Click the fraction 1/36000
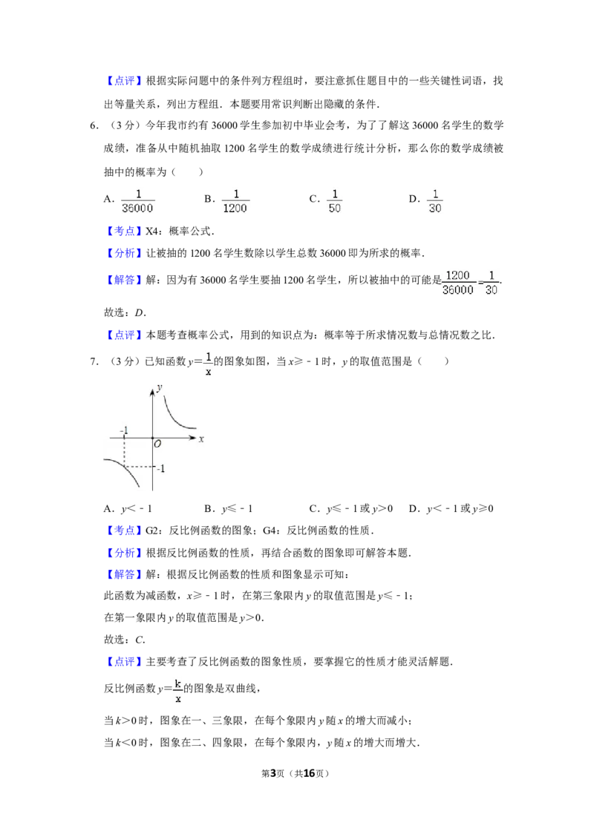click(140, 202)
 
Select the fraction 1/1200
click(237, 202)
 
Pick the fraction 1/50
click(333, 202)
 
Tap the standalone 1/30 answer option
click(434, 202)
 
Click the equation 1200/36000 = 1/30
click(472, 282)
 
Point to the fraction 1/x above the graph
click(208, 364)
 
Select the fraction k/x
click(178, 691)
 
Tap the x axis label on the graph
click(201, 439)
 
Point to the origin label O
click(157, 444)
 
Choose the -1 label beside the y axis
click(160, 468)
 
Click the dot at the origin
click(152, 439)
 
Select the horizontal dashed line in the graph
click(140, 466)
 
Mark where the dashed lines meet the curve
click(124, 466)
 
